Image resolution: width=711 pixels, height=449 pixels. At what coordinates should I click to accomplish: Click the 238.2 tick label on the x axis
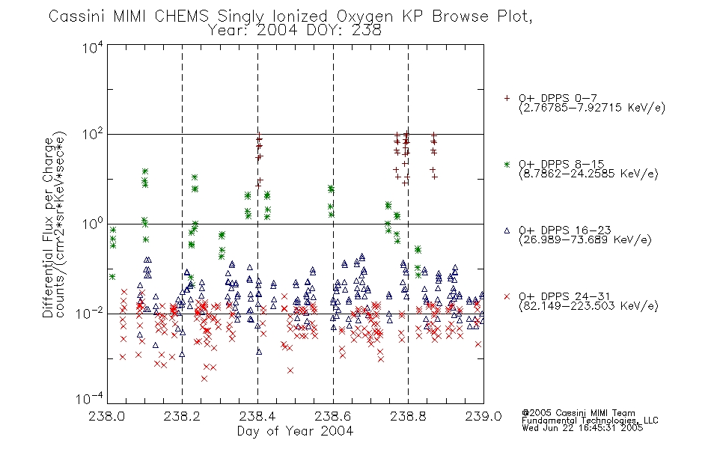coord(183,416)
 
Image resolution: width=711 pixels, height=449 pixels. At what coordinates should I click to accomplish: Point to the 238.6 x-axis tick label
coord(333,416)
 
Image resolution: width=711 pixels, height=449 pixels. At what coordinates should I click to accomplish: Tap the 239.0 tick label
coord(483,416)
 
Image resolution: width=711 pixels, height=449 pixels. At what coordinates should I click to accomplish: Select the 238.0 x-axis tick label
coord(107,416)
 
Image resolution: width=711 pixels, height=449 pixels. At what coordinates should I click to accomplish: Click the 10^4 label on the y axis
coord(93,47)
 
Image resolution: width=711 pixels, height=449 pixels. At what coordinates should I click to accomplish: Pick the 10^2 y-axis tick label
coord(93,135)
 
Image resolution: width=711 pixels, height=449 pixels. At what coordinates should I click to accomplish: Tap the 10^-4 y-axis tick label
coord(91,399)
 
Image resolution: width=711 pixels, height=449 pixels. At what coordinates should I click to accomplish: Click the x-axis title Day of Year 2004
coord(295,431)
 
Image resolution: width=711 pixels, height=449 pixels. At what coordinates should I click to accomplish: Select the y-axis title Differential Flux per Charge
coord(48,226)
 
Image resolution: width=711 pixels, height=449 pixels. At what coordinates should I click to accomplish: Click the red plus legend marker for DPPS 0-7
coord(507,98)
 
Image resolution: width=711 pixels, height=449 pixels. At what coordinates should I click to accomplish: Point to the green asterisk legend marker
coord(507,164)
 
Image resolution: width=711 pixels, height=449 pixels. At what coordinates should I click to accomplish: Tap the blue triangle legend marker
coord(507,230)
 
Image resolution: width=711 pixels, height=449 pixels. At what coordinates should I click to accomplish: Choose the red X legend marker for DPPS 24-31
coord(507,296)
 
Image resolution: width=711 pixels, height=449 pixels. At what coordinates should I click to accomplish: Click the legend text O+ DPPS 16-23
coord(565,230)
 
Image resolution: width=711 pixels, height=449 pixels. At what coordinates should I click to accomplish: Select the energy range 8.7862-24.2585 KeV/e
coord(588,174)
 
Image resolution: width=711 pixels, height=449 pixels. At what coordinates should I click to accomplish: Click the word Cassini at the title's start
coord(77,16)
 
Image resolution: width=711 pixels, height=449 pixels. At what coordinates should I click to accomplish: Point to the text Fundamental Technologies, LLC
coord(590,421)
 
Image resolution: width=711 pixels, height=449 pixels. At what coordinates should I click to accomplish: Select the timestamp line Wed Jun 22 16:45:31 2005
coord(582,427)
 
